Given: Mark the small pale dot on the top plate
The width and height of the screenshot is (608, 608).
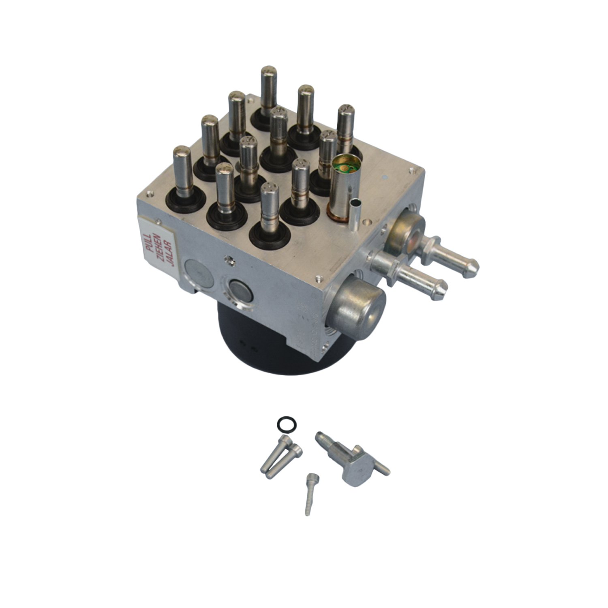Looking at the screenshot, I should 383,177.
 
